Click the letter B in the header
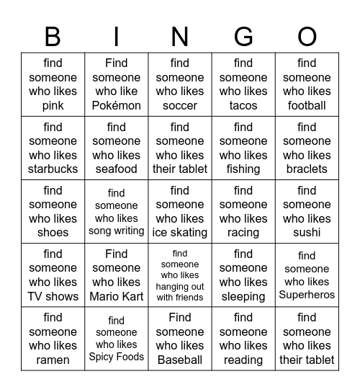pyautogui.click(x=53, y=36)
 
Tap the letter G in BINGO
pyautogui.click(x=243, y=36)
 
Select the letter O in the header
pyautogui.click(x=307, y=36)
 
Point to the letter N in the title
pyautogui.click(x=180, y=36)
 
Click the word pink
pyautogui.click(x=53, y=105)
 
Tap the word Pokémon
pyautogui.click(x=117, y=105)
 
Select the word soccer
pyautogui.click(x=180, y=105)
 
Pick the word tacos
pyautogui.click(x=243, y=105)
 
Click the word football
pyautogui.click(x=307, y=105)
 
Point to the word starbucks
pyautogui.click(x=53, y=169)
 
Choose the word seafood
pyautogui.click(x=117, y=169)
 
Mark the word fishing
pyautogui.click(x=243, y=169)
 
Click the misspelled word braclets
pyautogui.click(x=307, y=169)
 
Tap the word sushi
pyautogui.click(x=307, y=232)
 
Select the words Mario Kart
pyautogui.click(x=117, y=295)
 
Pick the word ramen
pyautogui.click(x=53, y=359)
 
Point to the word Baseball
pyautogui.click(x=180, y=359)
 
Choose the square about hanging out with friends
pyautogui.click(x=180, y=275)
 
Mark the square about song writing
pyautogui.click(x=117, y=212)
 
